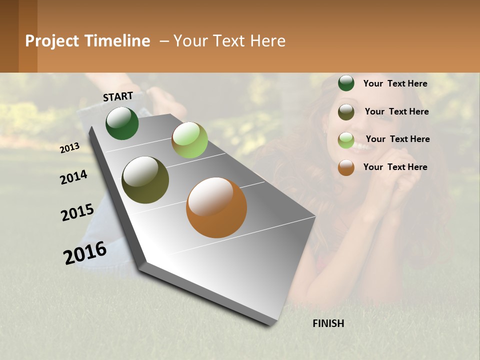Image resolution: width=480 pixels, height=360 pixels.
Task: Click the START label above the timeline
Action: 118,96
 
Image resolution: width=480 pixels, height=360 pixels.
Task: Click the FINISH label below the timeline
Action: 328,323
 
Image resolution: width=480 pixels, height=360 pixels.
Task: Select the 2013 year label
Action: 70,147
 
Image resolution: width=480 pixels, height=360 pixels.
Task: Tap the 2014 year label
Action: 74,177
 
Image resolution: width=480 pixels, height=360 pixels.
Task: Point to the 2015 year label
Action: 77,212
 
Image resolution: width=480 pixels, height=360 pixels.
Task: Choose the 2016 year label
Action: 85,253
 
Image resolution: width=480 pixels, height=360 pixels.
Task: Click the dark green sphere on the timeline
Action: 122,123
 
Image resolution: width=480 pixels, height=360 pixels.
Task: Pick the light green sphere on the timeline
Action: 189,139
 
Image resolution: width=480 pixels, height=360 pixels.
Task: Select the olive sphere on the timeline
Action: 145,180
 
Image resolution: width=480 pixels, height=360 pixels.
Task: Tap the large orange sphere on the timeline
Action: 216,207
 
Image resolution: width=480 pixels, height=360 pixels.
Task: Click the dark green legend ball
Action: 346,83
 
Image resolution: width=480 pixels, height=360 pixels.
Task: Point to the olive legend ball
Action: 346,112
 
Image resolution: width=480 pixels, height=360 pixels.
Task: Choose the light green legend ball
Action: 346,140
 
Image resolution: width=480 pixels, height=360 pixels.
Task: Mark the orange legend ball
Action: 346,167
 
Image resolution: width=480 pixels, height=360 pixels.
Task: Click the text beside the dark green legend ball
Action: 395,83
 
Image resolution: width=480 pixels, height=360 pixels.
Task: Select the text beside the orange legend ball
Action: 395,167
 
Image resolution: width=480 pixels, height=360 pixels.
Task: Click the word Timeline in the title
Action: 117,41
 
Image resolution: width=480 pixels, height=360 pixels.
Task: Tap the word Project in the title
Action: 52,41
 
